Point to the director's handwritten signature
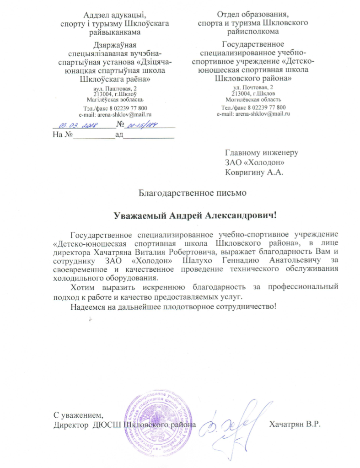pos(234,423)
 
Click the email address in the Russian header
pos(253,113)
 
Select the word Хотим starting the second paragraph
pos(84,287)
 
